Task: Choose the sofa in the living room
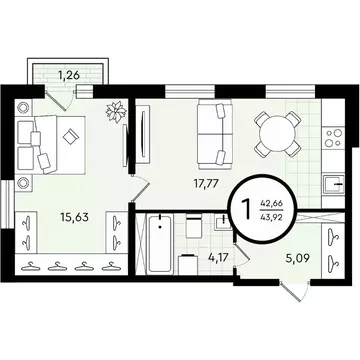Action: [x=209, y=133]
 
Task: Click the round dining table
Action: [x=276, y=132]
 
